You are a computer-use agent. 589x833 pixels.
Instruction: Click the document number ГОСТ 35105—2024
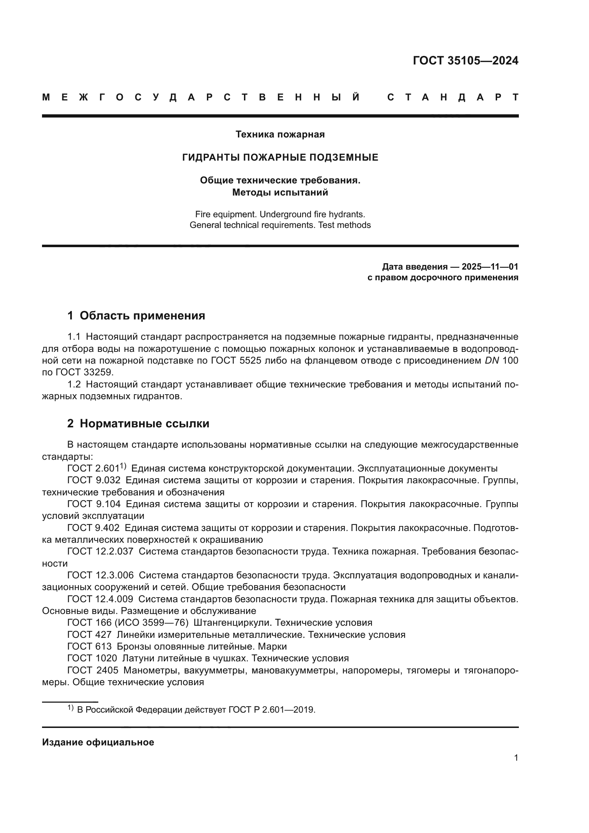(x=465, y=61)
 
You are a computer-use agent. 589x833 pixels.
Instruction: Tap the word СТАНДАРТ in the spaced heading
(x=453, y=97)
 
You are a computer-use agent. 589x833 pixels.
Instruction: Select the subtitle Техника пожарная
(x=280, y=135)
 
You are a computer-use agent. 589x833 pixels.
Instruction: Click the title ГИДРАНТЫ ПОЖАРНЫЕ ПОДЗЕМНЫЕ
(x=280, y=157)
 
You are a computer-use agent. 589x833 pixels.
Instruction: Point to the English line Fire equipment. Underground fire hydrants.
(x=280, y=214)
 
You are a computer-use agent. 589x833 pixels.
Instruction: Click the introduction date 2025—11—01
(x=490, y=267)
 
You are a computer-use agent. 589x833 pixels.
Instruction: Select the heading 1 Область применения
(x=136, y=316)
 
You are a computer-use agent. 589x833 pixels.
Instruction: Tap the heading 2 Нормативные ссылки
(x=138, y=423)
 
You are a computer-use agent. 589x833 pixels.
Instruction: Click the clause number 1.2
(x=74, y=384)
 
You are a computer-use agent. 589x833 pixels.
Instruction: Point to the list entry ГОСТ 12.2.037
(x=100, y=551)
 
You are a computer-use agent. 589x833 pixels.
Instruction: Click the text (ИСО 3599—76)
(x=151, y=623)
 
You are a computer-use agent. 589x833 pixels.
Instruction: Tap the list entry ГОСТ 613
(x=89, y=646)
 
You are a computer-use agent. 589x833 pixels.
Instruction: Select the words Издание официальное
(x=98, y=742)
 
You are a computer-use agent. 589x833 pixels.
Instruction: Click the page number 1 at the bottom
(x=516, y=758)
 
